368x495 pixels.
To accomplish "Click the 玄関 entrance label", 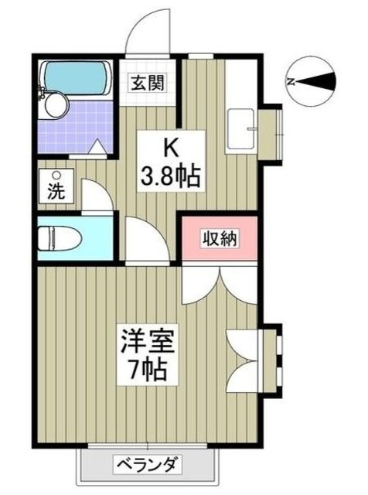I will coord(146,82).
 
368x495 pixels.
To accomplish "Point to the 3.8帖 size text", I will coord(170,176).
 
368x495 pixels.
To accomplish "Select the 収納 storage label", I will coord(220,237).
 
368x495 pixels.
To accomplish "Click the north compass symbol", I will coord(313,80).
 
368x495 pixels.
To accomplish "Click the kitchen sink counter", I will coord(243,128).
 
